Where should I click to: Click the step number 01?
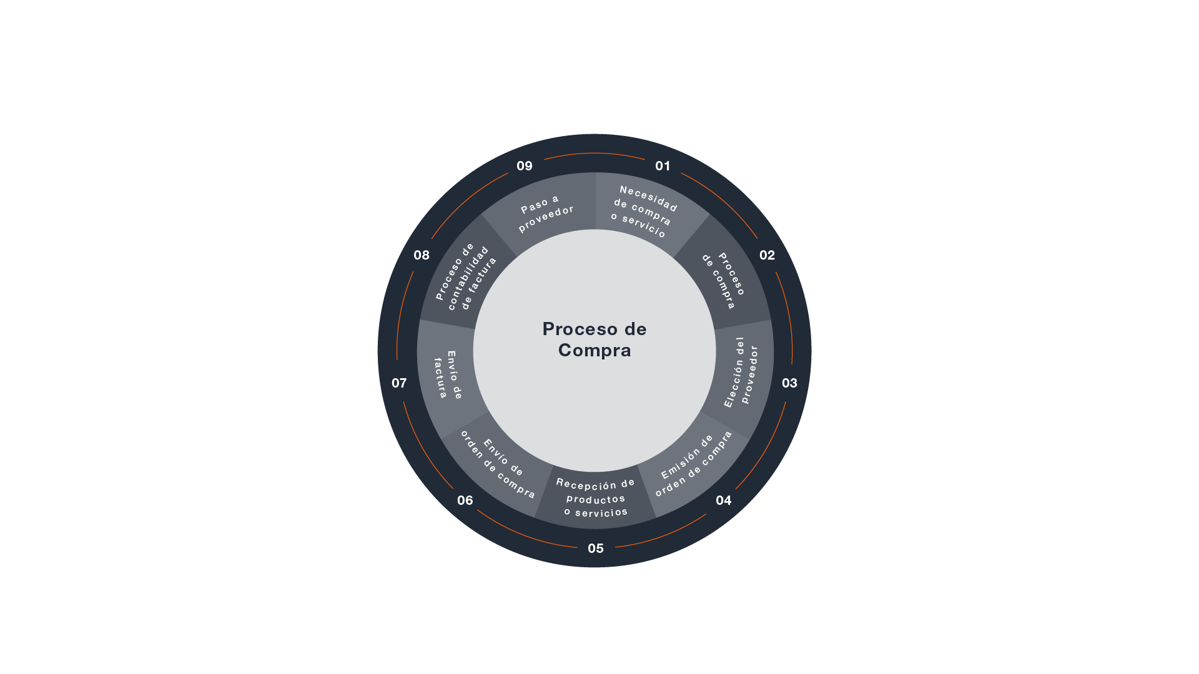tap(663, 166)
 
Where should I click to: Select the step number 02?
tap(767, 255)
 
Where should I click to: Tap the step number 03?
tap(789, 383)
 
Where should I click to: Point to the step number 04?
tap(723, 501)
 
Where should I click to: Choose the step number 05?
tap(596, 549)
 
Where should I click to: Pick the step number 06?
tap(465, 501)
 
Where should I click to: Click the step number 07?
tap(399, 383)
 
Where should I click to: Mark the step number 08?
tap(422, 255)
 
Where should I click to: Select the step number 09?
tap(525, 166)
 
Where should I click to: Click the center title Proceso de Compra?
tap(595, 339)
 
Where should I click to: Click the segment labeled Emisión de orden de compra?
tap(694, 465)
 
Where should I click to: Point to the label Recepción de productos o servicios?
tap(596, 499)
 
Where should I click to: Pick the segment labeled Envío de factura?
tap(448, 374)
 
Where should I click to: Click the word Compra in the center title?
tap(595, 351)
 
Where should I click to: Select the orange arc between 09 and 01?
tap(595, 153)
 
